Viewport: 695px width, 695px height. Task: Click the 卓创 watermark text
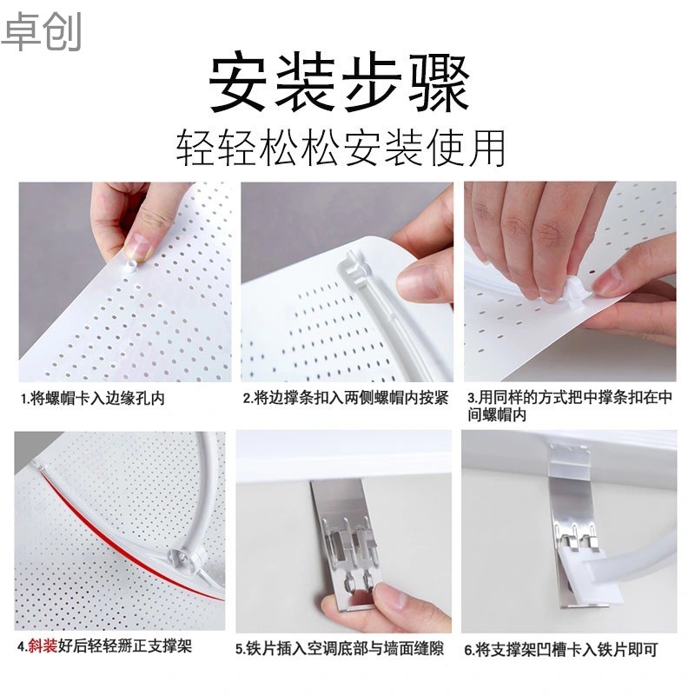41,31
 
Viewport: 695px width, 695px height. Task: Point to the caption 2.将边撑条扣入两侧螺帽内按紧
345,399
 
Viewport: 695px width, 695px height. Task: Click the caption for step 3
569,407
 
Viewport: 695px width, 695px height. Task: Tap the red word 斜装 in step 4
41,647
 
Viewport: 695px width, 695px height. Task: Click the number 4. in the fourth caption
22,647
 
